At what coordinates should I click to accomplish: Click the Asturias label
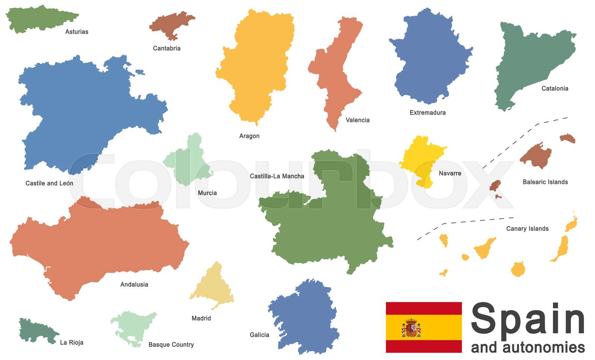click(77, 32)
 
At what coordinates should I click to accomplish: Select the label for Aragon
click(249, 136)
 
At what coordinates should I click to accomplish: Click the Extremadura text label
click(427, 112)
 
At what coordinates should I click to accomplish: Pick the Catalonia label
click(554, 88)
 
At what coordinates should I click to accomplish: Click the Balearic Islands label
click(545, 182)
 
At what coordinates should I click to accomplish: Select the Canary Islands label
click(527, 229)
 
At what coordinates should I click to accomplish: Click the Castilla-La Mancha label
click(277, 176)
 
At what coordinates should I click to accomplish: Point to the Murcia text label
click(207, 193)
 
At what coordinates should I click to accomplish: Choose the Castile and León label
click(49, 183)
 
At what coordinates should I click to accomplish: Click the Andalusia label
click(134, 284)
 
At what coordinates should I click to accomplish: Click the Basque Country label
click(171, 345)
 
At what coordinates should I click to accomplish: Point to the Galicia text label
click(259, 335)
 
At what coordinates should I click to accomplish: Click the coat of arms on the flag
click(411, 328)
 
